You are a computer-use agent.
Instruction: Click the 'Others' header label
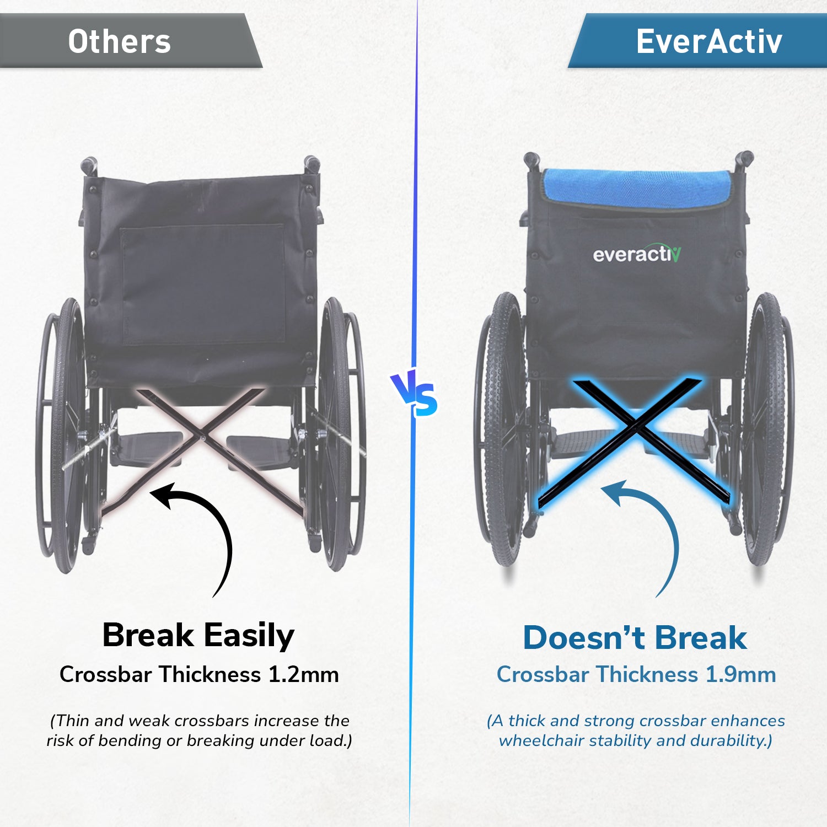coord(119,42)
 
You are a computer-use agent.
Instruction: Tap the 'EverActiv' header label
coord(709,41)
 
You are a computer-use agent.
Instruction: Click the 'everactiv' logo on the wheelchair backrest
coord(637,254)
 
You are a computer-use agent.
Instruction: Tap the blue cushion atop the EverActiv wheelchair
coord(637,189)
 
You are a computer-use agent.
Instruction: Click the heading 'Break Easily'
coord(198,636)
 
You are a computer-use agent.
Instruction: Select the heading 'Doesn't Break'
coord(635,638)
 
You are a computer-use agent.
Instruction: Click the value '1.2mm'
coord(303,675)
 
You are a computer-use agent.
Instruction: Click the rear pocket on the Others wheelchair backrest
coord(203,284)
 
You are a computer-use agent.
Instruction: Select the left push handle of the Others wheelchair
coord(89,165)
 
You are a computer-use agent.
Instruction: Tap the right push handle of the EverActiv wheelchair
coord(744,160)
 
